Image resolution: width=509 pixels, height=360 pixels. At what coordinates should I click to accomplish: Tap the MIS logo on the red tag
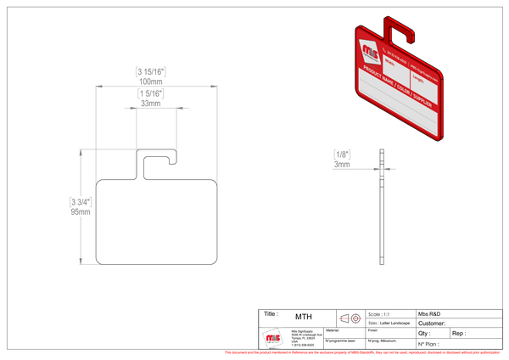(370, 50)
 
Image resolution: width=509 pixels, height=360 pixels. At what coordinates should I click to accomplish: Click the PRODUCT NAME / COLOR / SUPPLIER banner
(398, 90)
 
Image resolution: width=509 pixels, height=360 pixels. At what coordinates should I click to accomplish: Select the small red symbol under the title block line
(350, 318)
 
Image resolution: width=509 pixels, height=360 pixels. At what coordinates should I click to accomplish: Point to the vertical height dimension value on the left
(79, 205)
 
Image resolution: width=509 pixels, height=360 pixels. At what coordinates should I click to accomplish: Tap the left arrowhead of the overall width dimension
(97, 85)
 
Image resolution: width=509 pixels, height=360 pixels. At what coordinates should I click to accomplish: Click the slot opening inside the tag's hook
(403, 34)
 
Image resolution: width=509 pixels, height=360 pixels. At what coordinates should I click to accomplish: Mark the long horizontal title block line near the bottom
(382, 309)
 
